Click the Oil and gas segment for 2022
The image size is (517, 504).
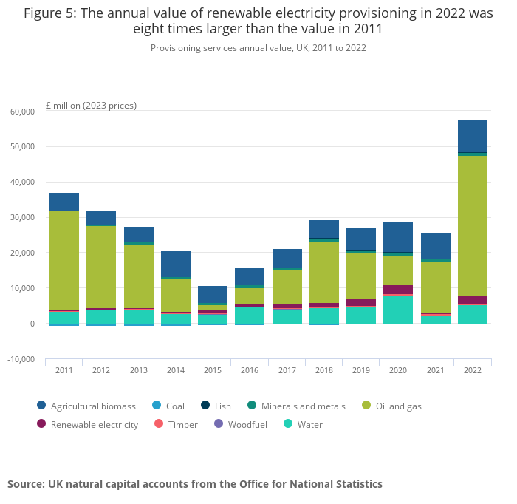point(473,225)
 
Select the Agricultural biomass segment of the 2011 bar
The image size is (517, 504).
point(64,202)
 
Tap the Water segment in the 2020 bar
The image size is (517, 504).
point(398,309)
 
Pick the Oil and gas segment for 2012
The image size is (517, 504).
point(101,267)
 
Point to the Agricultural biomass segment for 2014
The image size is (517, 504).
point(176,265)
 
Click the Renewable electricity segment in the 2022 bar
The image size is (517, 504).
point(473,299)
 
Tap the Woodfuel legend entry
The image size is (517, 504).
point(242,425)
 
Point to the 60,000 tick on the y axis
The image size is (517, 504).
point(22,112)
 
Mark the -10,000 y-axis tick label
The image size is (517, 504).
point(21,359)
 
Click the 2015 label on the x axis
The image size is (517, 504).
point(213,370)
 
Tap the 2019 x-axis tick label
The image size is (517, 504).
point(361,370)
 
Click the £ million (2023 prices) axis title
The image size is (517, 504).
point(91,105)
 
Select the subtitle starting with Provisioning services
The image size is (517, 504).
point(258,48)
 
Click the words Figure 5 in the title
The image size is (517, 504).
point(50,13)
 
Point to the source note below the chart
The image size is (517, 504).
point(195,484)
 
